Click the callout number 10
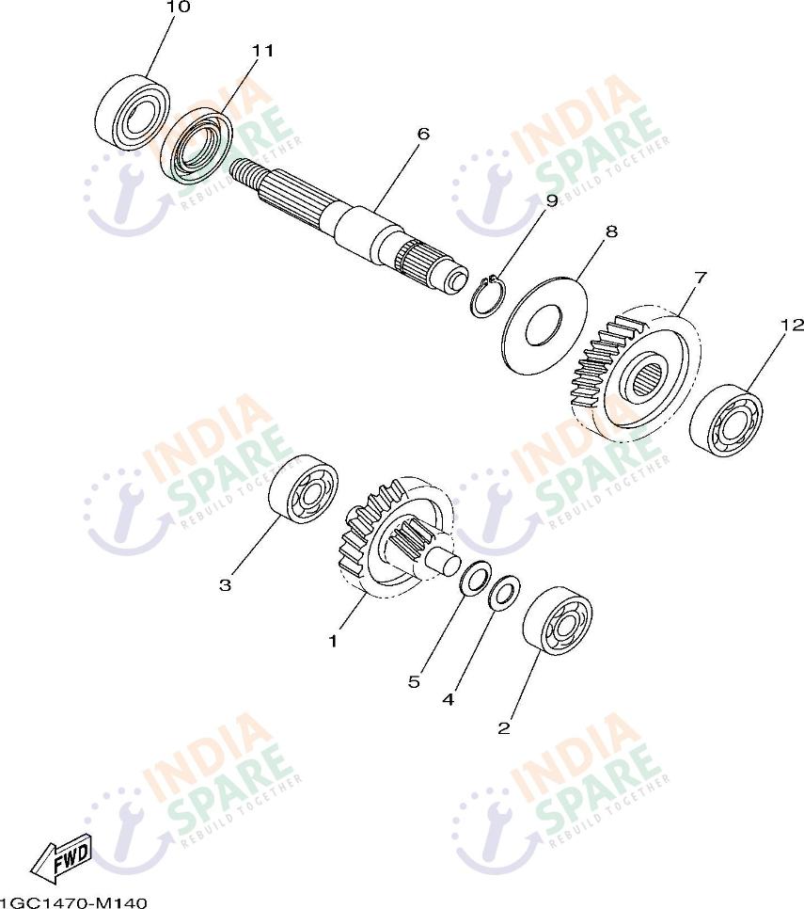coord(178,7)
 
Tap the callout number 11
coord(261,51)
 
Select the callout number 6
coord(423,134)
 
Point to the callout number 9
coord(551,200)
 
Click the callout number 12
coord(793,325)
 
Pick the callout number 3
coord(225,585)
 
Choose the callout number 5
coord(414,681)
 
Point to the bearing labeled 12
coord(726,420)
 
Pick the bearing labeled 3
coord(304,490)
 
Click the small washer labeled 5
coord(476,578)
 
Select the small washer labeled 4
coord(505,593)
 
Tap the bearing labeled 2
coord(558,621)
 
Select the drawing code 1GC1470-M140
coord(73,902)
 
